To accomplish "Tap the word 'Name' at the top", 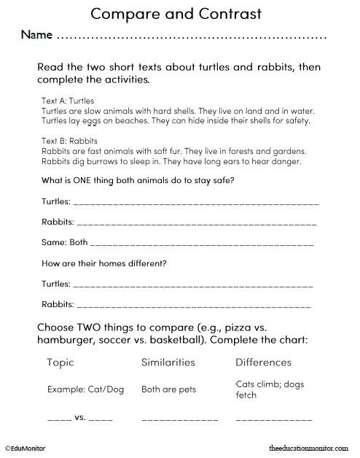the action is click(36, 35).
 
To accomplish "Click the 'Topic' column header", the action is click(60, 362).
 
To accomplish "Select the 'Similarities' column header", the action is click(168, 362).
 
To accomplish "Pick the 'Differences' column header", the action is click(263, 362).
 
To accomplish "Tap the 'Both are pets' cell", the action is click(169, 389).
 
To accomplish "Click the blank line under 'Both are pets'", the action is click(179, 421).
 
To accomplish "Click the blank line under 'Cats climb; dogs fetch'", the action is click(274, 421).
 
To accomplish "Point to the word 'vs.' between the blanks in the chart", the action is click(80, 419).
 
